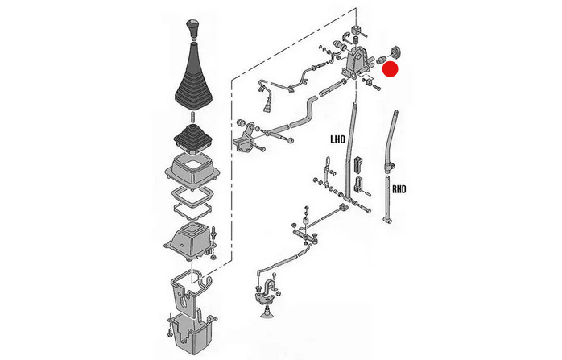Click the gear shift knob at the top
[192, 29]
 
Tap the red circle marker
[391, 69]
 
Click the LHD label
[337, 139]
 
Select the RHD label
[399, 189]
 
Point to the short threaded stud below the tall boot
[192, 117]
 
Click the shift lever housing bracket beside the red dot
[356, 62]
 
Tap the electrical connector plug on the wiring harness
[267, 107]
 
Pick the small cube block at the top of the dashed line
[356, 30]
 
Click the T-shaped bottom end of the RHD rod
[388, 219]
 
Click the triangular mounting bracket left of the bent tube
[246, 138]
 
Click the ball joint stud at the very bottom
[267, 311]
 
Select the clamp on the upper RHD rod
[391, 166]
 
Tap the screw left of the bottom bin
[170, 326]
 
